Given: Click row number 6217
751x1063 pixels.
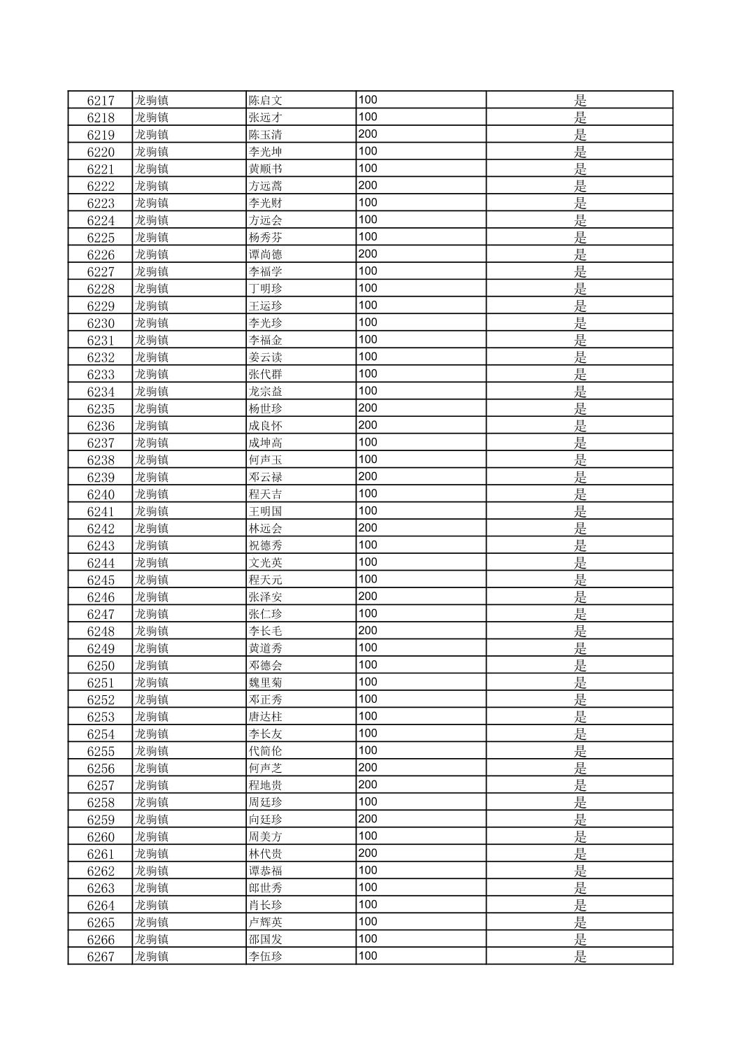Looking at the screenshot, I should (x=100, y=100).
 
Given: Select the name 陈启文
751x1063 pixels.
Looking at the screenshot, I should (x=266, y=100).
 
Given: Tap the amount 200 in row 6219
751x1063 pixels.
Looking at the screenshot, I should (x=368, y=134).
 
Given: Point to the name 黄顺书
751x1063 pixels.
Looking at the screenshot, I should (x=266, y=169).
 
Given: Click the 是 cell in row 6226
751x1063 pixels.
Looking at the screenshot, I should (x=580, y=255).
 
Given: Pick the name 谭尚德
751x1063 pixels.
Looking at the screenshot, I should (x=266, y=255).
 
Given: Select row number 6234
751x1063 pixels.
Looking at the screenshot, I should (x=100, y=392).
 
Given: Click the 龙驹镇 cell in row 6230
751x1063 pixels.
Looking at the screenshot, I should (x=152, y=323).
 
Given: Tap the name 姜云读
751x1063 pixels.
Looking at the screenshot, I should (x=266, y=357).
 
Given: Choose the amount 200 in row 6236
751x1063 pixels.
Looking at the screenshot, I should (x=368, y=425).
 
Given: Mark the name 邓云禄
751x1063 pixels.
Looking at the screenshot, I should (x=266, y=477).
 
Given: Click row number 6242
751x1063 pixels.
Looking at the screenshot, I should (x=100, y=529).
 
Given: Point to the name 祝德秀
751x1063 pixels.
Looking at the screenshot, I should (x=266, y=545).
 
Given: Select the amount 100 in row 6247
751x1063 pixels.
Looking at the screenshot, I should (x=368, y=613).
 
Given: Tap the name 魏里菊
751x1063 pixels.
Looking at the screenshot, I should (x=266, y=683).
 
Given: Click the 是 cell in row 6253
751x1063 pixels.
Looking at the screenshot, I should (x=580, y=717).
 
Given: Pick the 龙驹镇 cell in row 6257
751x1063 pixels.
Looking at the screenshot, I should (x=152, y=785).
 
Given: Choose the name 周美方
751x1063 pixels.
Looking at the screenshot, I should (x=266, y=836).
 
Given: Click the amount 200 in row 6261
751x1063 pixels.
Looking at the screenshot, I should (x=368, y=853).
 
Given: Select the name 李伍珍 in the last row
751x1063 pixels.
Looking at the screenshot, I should (x=266, y=957).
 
